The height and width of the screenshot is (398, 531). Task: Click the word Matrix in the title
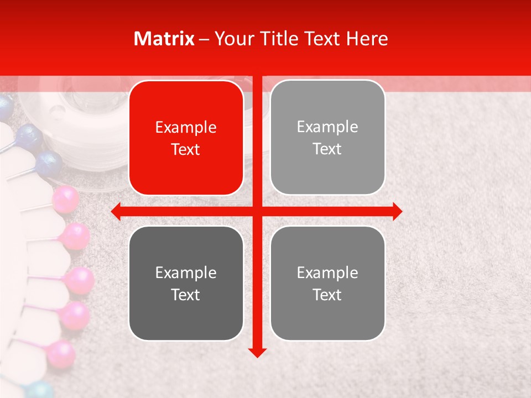click(164, 39)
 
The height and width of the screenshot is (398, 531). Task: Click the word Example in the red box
click(186, 128)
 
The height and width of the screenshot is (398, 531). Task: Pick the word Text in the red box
click(186, 149)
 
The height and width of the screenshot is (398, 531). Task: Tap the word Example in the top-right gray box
click(327, 127)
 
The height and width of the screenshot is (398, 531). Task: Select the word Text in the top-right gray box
click(327, 149)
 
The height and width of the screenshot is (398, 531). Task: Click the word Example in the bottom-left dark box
click(186, 273)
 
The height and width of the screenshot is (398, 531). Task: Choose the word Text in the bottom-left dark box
click(186, 295)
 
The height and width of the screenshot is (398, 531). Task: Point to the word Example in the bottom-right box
click(327, 273)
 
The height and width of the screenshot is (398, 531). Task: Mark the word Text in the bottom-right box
click(327, 294)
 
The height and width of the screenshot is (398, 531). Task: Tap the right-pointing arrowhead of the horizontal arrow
click(397, 211)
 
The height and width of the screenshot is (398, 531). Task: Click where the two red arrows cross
click(257, 211)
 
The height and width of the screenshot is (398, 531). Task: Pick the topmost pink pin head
click(66, 199)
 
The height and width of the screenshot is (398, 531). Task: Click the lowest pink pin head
click(61, 354)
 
